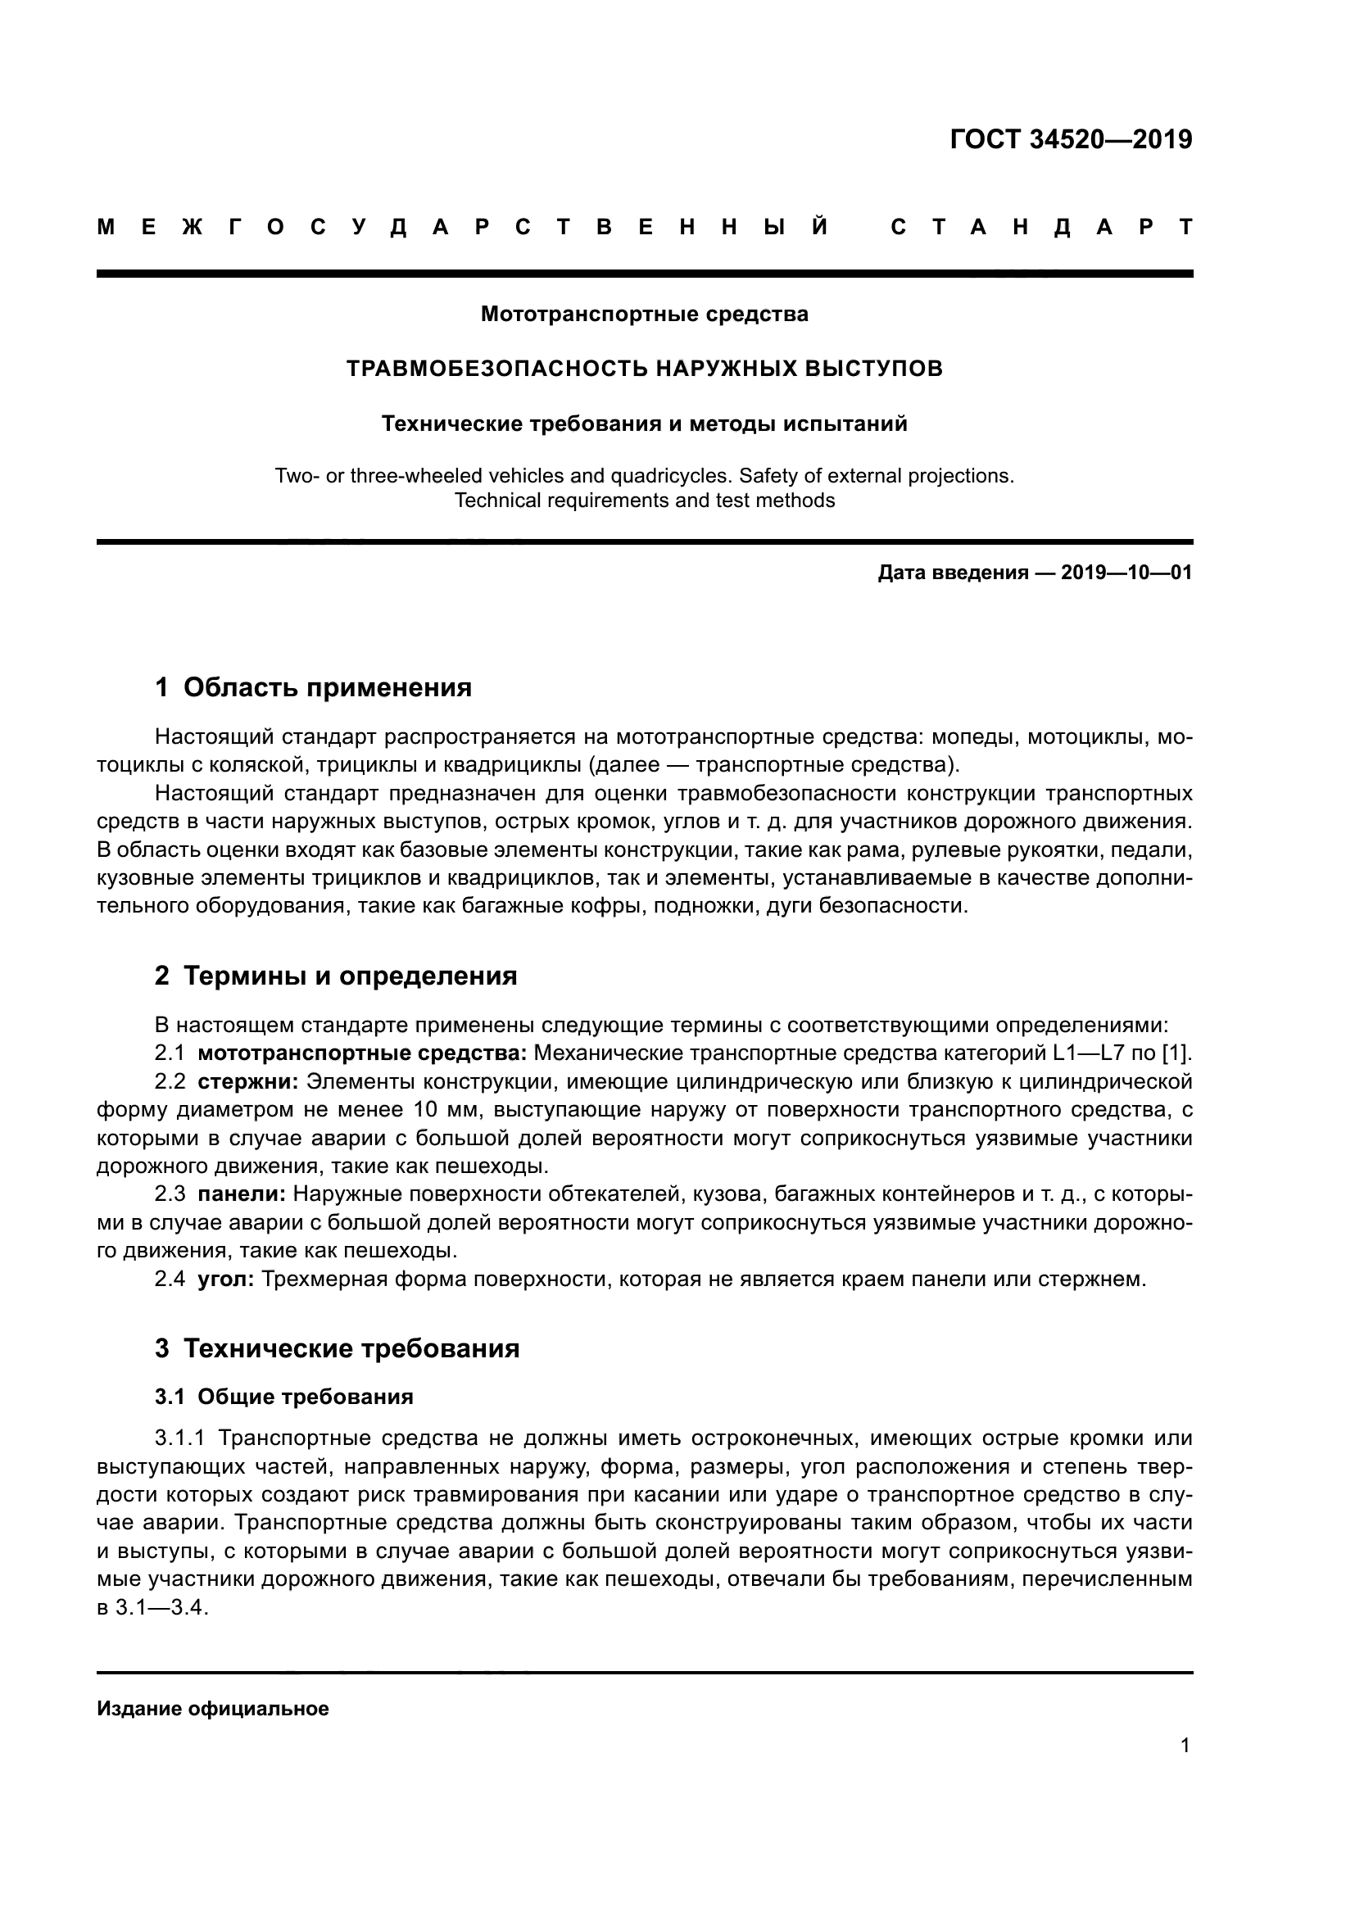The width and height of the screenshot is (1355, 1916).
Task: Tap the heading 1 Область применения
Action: coord(313,687)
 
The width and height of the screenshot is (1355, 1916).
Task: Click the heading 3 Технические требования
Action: coord(337,1348)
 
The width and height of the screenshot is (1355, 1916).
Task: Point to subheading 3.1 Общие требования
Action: coord(283,1397)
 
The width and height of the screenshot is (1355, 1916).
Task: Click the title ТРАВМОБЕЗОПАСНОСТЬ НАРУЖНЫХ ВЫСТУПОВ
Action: coord(644,369)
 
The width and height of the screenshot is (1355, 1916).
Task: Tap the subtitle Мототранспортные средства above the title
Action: coord(644,315)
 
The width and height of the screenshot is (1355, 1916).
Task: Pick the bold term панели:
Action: coord(241,1194)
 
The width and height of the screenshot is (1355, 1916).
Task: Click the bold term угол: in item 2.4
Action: coord(226,1280)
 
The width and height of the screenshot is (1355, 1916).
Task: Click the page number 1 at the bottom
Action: coord(1185,1746)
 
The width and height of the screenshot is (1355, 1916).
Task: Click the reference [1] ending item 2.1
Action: coord(1177,1054)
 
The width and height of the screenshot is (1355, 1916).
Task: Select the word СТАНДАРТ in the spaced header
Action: coord(1040,227)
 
